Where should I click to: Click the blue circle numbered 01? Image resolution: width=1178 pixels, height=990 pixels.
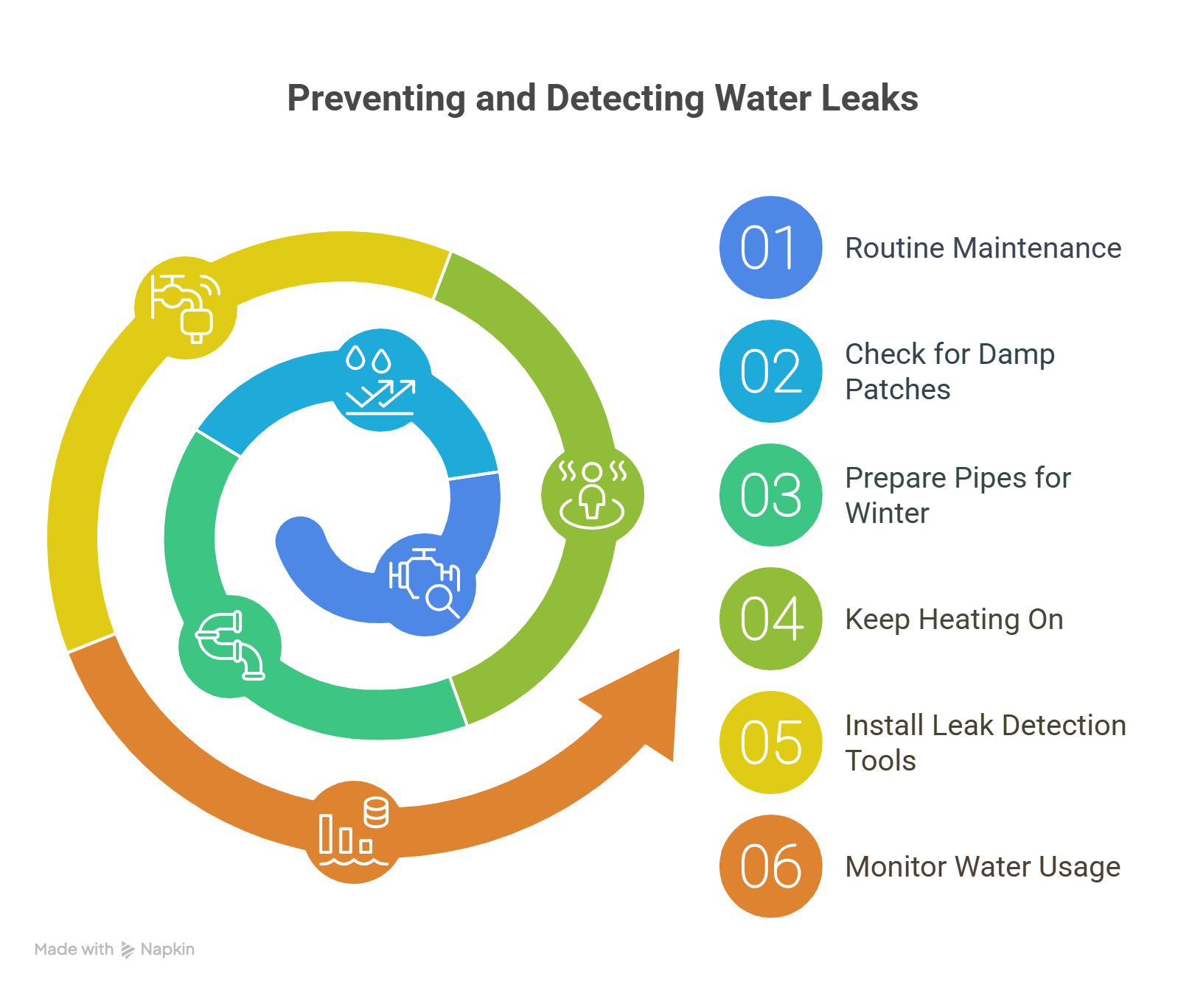[770, 248]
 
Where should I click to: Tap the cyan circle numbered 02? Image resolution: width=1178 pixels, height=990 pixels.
[770, 371]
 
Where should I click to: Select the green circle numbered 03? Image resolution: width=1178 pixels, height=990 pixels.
[770, 495]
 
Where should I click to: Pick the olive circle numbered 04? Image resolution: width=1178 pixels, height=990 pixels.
[770, 619]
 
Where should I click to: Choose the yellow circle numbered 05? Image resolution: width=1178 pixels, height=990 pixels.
[770, 742]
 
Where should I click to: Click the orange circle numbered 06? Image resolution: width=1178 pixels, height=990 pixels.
[770, 866]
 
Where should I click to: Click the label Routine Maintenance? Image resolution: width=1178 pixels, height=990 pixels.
[983, 248]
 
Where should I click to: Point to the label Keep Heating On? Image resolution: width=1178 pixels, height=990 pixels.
[954, 619]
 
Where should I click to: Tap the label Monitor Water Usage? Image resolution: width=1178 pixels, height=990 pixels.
[982, 867]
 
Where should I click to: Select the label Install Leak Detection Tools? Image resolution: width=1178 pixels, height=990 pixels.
[985, 742]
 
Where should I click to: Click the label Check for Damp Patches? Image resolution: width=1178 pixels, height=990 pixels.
[949, 371]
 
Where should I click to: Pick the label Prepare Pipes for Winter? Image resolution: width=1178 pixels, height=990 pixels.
[958, 495]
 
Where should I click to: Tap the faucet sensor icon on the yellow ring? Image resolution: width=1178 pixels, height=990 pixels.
[185, 308]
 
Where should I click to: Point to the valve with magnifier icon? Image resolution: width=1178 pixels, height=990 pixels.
[425, 582]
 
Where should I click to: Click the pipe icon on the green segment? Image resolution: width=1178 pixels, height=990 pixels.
[230, 645]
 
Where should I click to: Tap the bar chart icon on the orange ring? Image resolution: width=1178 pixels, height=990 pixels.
[354, 832]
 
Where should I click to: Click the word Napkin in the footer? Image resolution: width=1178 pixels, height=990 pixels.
[167, 949]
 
